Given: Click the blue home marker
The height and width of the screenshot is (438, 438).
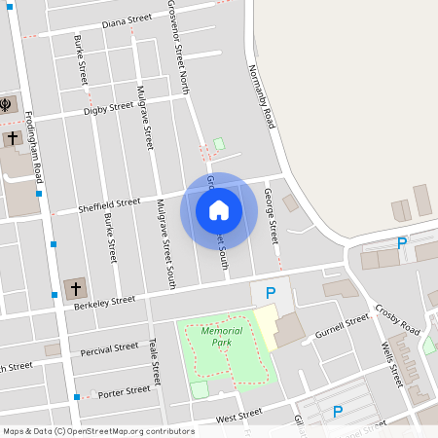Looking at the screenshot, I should [218, 210].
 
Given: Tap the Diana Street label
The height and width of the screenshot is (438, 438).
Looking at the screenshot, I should [128, 19].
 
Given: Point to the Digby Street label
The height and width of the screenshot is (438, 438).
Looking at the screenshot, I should [108, 109].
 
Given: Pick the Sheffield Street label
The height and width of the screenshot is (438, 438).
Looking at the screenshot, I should [110, 202].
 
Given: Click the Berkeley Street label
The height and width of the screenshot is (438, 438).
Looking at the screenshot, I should [104, 303].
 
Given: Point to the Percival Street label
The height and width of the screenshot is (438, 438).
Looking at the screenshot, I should [110, 347].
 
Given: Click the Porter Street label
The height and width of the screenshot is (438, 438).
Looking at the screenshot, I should [125, 391].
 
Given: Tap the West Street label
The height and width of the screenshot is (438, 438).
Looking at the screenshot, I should [238, 417].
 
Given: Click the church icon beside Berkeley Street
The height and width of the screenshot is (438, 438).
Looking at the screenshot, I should [74, 288].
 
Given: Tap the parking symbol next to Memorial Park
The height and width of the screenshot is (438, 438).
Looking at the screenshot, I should [271, 292].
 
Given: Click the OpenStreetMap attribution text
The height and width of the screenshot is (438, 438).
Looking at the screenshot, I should [97, 431].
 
